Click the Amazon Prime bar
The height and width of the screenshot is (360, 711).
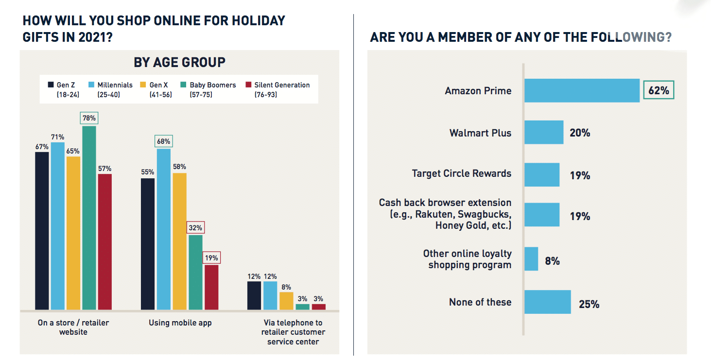coord(582,90)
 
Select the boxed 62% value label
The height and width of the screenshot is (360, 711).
coord(659,90)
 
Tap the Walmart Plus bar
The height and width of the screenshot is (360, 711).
coord(544,133)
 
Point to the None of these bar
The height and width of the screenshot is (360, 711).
coord(547,302)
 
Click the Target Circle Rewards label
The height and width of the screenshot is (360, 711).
coord(461,173)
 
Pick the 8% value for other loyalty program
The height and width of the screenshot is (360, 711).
coord(552,261)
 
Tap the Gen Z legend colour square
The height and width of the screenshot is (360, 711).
coord(51,85)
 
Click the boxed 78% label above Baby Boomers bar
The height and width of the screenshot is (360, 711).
coord(89,118)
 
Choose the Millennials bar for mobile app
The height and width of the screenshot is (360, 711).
coord(163,229)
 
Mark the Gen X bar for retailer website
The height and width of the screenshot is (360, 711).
coord(73,233)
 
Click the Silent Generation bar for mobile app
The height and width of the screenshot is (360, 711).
coord(211,287)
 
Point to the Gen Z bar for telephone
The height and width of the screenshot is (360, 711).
coord(254,295)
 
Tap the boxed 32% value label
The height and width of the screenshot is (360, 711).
coord(195,227)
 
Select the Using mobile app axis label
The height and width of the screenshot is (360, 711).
coord(180,323)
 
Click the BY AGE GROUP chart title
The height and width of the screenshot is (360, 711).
coord(179,62)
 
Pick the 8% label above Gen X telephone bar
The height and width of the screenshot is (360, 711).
coord(287,287)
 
